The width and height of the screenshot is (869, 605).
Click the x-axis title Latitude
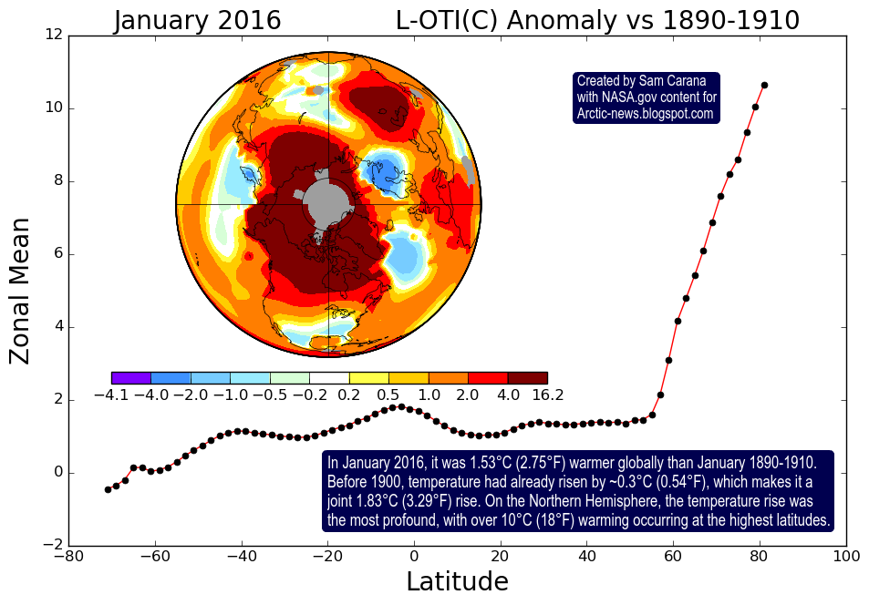tap(457, 581)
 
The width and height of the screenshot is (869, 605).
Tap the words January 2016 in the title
tap(197, 20)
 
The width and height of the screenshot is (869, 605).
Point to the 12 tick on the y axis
tap(54, 35)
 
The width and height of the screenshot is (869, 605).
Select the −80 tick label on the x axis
tap(65, 556)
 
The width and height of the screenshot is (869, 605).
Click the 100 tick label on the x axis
tap(846, 556)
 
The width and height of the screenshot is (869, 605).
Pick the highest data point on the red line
tap(764, 86)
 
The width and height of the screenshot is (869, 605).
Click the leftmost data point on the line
tap(108, 489)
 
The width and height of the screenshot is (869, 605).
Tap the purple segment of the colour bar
tap(130, 377)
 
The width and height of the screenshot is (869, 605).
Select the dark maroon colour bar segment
tap(527, 377)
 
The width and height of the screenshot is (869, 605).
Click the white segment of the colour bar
tap(329, 377)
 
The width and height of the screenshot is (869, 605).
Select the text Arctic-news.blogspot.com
tap(645, 114)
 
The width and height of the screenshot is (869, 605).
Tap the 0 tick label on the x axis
tap(414, 556)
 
